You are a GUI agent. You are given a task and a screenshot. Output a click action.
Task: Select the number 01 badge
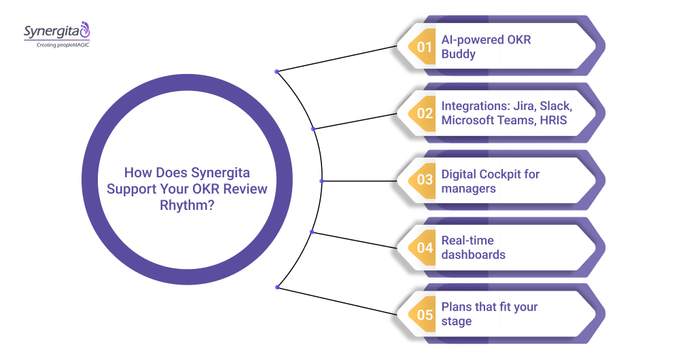pos(425,47)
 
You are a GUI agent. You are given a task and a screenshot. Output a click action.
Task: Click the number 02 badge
pos(425,113)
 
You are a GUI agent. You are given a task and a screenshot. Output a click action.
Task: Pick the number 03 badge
pos(425,181)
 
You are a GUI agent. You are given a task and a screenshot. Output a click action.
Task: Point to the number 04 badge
pos(425,248)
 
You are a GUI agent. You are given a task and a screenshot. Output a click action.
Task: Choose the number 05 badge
pos(425,314)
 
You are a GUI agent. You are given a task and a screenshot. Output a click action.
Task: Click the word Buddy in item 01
pos(459,54)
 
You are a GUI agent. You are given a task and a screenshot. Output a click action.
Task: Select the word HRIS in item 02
pos(554,120)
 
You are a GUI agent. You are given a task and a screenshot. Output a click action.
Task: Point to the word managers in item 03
pos(468,188)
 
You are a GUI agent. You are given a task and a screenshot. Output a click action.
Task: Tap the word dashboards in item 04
pos(473,255)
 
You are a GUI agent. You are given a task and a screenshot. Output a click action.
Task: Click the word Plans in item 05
pos(457,307)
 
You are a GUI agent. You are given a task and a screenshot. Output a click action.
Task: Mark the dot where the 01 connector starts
pos(276,71)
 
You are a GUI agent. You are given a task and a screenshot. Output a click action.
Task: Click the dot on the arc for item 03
pos(321,181)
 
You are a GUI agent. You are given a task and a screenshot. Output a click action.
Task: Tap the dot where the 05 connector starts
pos(277,287)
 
